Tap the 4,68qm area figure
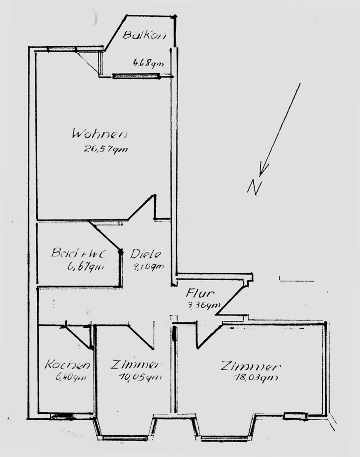tap(148, 63)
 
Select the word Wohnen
tap(99, 134)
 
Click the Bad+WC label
tap(77, 253)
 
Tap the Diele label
tap(147, 254)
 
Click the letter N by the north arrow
tap(255, 187)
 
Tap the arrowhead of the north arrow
tap(264, 171)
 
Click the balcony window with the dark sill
tap(136, 76)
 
